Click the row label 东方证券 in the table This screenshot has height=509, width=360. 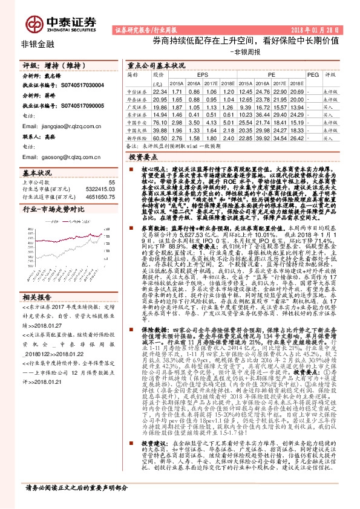pyautogui.click(x=137, y=114)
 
